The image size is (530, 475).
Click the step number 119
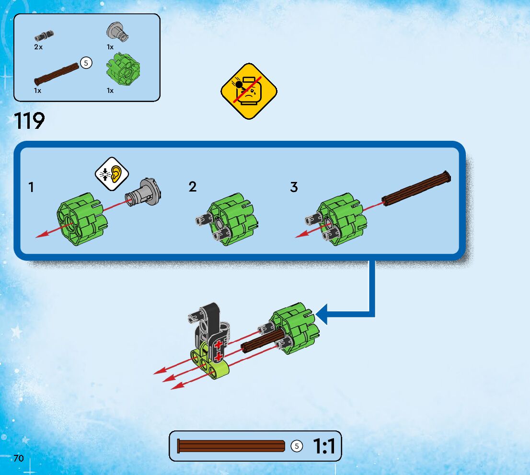pos(30,121)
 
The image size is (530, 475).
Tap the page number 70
pos(19,458)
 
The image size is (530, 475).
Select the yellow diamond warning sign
pos(249,91)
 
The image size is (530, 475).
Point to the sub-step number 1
pos(32,187)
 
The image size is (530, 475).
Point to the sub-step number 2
pos(193,187)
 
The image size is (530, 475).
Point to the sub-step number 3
pos(294,187)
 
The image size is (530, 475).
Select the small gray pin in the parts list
pos(44,34)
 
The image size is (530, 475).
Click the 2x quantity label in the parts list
pos(38,47)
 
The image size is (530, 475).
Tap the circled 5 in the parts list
pos(86,63)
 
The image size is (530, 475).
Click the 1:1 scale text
pos(324,447)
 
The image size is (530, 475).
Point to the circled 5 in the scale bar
pos(297,446)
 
